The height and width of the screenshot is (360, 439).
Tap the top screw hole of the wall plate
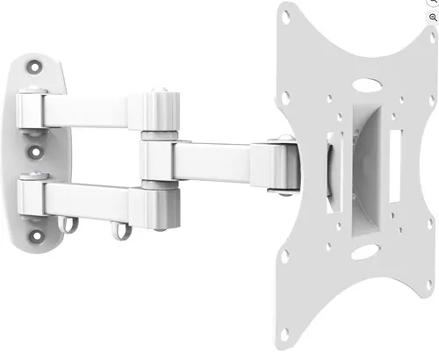click(35, 66)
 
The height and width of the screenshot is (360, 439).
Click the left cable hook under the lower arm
click(67, 227)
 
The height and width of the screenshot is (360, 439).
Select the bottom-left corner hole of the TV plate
click(284, 333)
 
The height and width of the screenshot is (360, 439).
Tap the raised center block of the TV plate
click(364, 167)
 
